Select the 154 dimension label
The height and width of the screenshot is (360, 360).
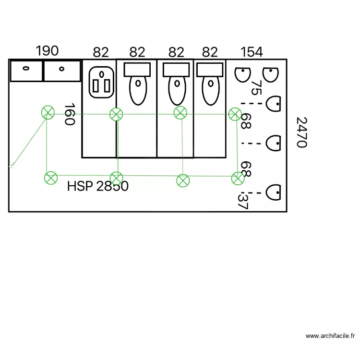click(x=252, y=52)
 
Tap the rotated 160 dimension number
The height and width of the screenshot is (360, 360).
click(x=70, y=114)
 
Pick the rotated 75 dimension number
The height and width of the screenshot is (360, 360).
click(x=256, y=87)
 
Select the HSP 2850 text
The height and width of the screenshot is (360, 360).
click(x=97, y=186)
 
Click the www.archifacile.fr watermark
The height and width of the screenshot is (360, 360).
click(x=330, y=336)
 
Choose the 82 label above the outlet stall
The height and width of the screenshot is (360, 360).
click(x=101, y=52)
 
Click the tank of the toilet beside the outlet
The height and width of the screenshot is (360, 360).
click(x=137, y=70)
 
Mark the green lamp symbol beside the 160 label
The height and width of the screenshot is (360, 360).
click(x=47, y=113)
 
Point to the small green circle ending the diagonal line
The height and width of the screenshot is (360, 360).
click(x=11, y=167)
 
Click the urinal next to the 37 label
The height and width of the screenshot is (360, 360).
click(x=273, y=192)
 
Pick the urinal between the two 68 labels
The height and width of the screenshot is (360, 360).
click(x=273, y=142)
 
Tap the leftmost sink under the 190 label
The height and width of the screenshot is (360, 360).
click(x=26, y=71)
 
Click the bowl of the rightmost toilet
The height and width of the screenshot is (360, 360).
click(x=210, y=90)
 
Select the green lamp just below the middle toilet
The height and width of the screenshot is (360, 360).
click(x=180, y=113)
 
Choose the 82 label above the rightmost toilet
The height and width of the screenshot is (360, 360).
click(x=210, y=52)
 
